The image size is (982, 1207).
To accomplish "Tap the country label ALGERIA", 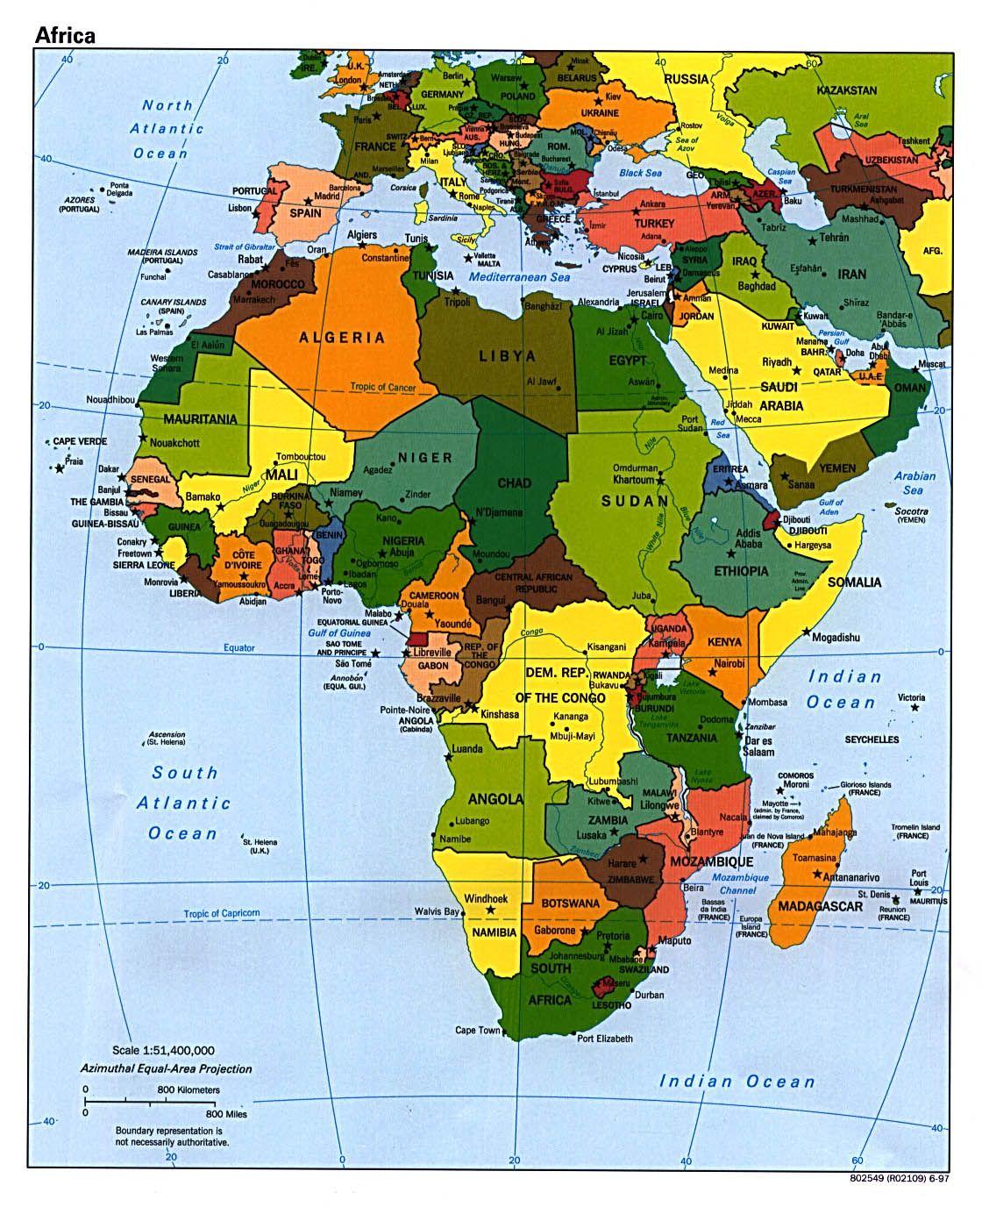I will click(342, 337).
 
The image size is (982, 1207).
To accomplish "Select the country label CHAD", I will click(514, 483).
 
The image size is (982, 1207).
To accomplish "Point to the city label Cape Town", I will click(477, 1030).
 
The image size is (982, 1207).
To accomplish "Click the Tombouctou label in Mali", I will click(301, 457).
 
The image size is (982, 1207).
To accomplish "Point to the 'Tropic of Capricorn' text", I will click(221, 913).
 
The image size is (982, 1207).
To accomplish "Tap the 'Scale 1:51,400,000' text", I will click(163, 1050).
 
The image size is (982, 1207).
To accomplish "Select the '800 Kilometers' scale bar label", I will click(189, 1089).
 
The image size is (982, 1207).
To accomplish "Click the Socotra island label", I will click(912, 511).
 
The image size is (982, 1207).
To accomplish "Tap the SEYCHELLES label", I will click(872, 739).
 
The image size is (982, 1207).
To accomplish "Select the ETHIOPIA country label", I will click(740, 571).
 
